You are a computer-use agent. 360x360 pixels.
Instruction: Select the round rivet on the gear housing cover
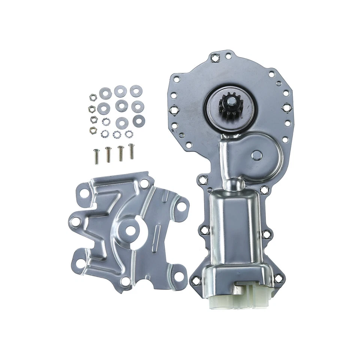coord(256,155)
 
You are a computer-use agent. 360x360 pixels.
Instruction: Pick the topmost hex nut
coord(93,97)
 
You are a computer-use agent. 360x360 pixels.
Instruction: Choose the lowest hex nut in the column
coord(93,130)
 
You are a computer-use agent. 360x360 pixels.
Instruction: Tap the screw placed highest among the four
coord(131,151)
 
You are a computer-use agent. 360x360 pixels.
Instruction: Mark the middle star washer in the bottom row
coord(117,134)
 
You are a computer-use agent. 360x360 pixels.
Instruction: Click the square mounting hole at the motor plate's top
coord(216,58)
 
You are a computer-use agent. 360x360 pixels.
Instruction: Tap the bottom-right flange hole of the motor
coord(278,278)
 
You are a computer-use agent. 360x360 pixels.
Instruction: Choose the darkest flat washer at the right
coord(139,121)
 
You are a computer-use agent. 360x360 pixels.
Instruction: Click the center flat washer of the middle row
coord(121,106)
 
